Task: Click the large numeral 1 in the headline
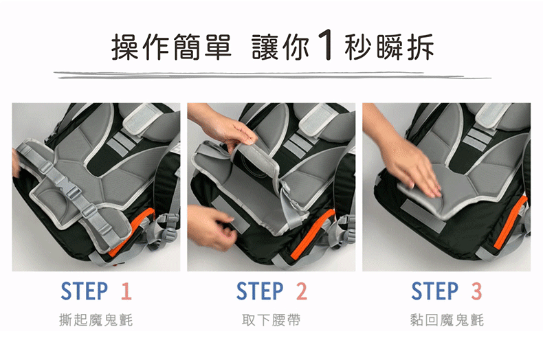[326, 45]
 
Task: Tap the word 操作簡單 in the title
[171, 47]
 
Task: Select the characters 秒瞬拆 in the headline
[389, 47]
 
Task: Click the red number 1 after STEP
[126, 291]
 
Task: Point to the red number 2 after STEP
[301, 291]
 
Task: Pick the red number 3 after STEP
[476, 291]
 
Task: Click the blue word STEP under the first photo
[84, 291]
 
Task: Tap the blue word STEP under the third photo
[434, 291]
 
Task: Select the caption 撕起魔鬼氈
[96, 320]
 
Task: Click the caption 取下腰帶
[271, 320]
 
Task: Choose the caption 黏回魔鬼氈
[447, 320]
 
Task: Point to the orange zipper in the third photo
[511, 222]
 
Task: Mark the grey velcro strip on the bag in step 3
[423, 216]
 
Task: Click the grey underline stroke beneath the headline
[273, 75]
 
